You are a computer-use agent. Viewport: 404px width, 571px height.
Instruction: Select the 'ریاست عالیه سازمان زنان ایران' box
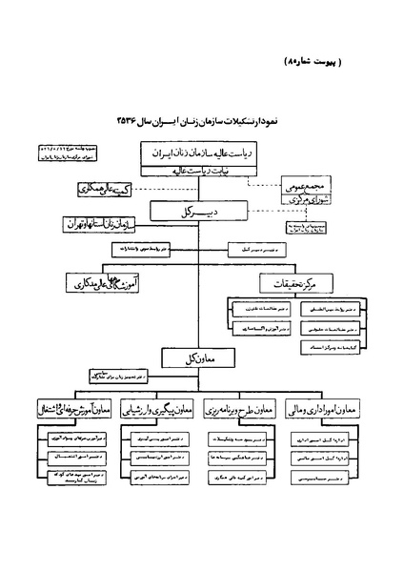pos(200,153)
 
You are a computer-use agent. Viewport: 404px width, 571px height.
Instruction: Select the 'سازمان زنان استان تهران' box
pos(101,226)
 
